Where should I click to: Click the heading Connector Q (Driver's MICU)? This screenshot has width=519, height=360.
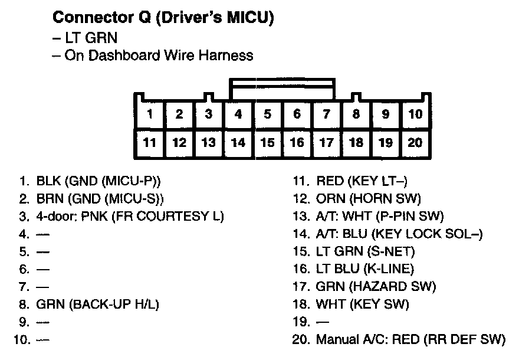[x=163, y=18]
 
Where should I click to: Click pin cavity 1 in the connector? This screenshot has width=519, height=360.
[x=150, y=114]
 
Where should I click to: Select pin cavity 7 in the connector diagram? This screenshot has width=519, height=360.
[x=327, y=114]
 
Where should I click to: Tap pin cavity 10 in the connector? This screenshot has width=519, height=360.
[x=415, y=114]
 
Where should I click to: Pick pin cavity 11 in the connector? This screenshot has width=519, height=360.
[x=150, y=142]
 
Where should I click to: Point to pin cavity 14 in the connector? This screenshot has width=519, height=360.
[x=238, y=142]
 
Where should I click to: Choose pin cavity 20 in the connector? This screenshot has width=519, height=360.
[x=415, y=142]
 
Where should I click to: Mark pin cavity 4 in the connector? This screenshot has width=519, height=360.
[x=238, y=114]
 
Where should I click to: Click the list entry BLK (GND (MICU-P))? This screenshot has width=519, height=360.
[x=98, y=181]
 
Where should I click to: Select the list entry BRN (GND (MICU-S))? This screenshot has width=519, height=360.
[x=100, y=198]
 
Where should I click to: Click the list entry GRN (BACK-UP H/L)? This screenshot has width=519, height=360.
[x=98, y=305]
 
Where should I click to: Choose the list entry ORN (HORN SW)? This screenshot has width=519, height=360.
[x=369, y=198]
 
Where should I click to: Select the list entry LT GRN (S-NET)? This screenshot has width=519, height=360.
[x=366, y=251]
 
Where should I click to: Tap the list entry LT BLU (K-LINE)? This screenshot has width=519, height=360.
[x=365, y=269]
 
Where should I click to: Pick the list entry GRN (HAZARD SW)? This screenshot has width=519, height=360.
[x=376, y=287]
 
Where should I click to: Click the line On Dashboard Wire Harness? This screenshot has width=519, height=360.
[x=159, y=55]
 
